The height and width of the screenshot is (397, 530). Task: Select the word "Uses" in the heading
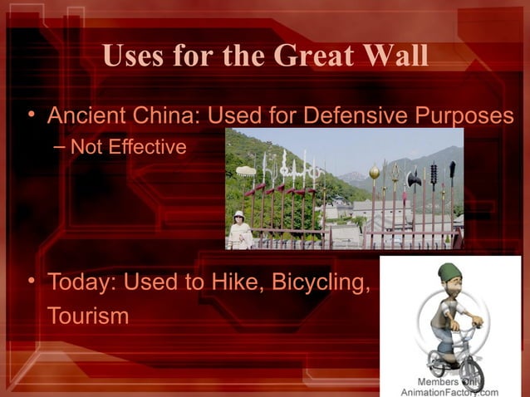coord(132,57)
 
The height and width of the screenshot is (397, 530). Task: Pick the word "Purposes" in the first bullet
coord(469,116)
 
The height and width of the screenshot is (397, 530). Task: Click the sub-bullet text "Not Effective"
coord(128,148)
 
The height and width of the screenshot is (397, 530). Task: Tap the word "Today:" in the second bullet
coord(83,283)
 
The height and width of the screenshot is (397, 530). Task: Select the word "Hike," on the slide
coord(208,283)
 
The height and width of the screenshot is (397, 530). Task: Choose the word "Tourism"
coord(87,316)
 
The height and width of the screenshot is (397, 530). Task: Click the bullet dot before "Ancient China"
coord(30,115)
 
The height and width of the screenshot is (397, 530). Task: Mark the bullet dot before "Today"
coord(30,282)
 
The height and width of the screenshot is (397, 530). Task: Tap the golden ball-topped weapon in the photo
coord(374,172)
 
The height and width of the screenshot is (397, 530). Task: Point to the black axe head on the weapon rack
coord(415,177)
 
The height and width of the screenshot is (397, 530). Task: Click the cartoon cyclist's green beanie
coord(449,272)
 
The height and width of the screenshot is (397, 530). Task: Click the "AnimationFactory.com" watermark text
coord(449,391)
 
